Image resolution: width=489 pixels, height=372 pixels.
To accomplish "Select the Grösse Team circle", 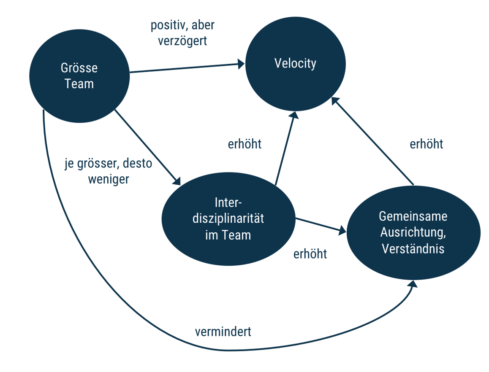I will point(79,76).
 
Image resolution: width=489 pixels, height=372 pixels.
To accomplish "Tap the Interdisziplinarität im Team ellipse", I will point(228,219).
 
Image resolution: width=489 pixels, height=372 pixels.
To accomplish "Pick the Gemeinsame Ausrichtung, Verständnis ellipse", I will point(413,233).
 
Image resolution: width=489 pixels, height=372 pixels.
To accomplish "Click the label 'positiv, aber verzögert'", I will point(182,33).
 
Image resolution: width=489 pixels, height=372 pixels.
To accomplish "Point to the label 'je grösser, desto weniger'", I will point(109,171).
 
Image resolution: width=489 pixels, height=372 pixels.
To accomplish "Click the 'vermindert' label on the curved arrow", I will point(223,332).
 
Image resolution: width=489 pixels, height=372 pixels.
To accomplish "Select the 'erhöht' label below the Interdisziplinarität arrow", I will point(310,254).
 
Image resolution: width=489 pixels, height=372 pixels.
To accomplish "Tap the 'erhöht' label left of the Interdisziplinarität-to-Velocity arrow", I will point(244,144).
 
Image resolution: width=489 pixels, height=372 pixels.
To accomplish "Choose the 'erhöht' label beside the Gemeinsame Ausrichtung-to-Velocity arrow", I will point(427,144).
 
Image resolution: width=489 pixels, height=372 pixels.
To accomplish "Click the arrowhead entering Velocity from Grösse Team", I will point(241,65).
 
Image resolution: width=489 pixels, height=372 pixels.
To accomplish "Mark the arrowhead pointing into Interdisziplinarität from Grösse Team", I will point(177,181).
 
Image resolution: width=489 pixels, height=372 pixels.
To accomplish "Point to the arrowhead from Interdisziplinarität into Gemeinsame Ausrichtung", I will point(342,230).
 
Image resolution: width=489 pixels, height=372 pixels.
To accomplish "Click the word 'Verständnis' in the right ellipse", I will point(413,248).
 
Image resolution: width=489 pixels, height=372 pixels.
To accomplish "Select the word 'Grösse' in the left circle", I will point(79,68).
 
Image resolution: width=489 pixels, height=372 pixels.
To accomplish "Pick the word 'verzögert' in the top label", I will point(182,41).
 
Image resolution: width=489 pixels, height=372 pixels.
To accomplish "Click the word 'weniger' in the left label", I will point(109,179).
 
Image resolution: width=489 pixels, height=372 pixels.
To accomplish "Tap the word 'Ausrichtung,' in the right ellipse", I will point(413,233).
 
